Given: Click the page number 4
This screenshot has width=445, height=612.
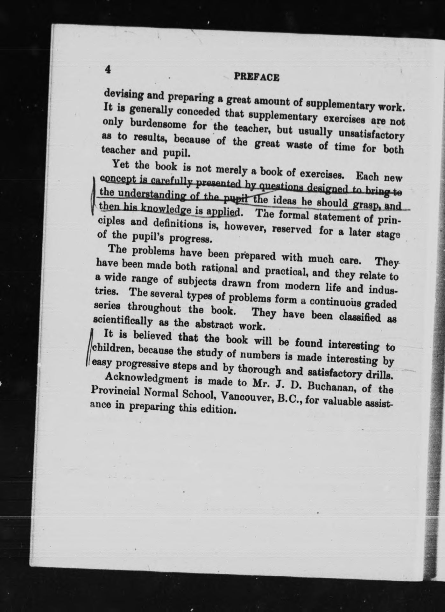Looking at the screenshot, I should (108, 69).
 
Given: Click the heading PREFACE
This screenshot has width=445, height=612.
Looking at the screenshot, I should (257, 77).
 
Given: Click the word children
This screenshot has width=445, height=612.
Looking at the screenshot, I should (110, 349).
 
